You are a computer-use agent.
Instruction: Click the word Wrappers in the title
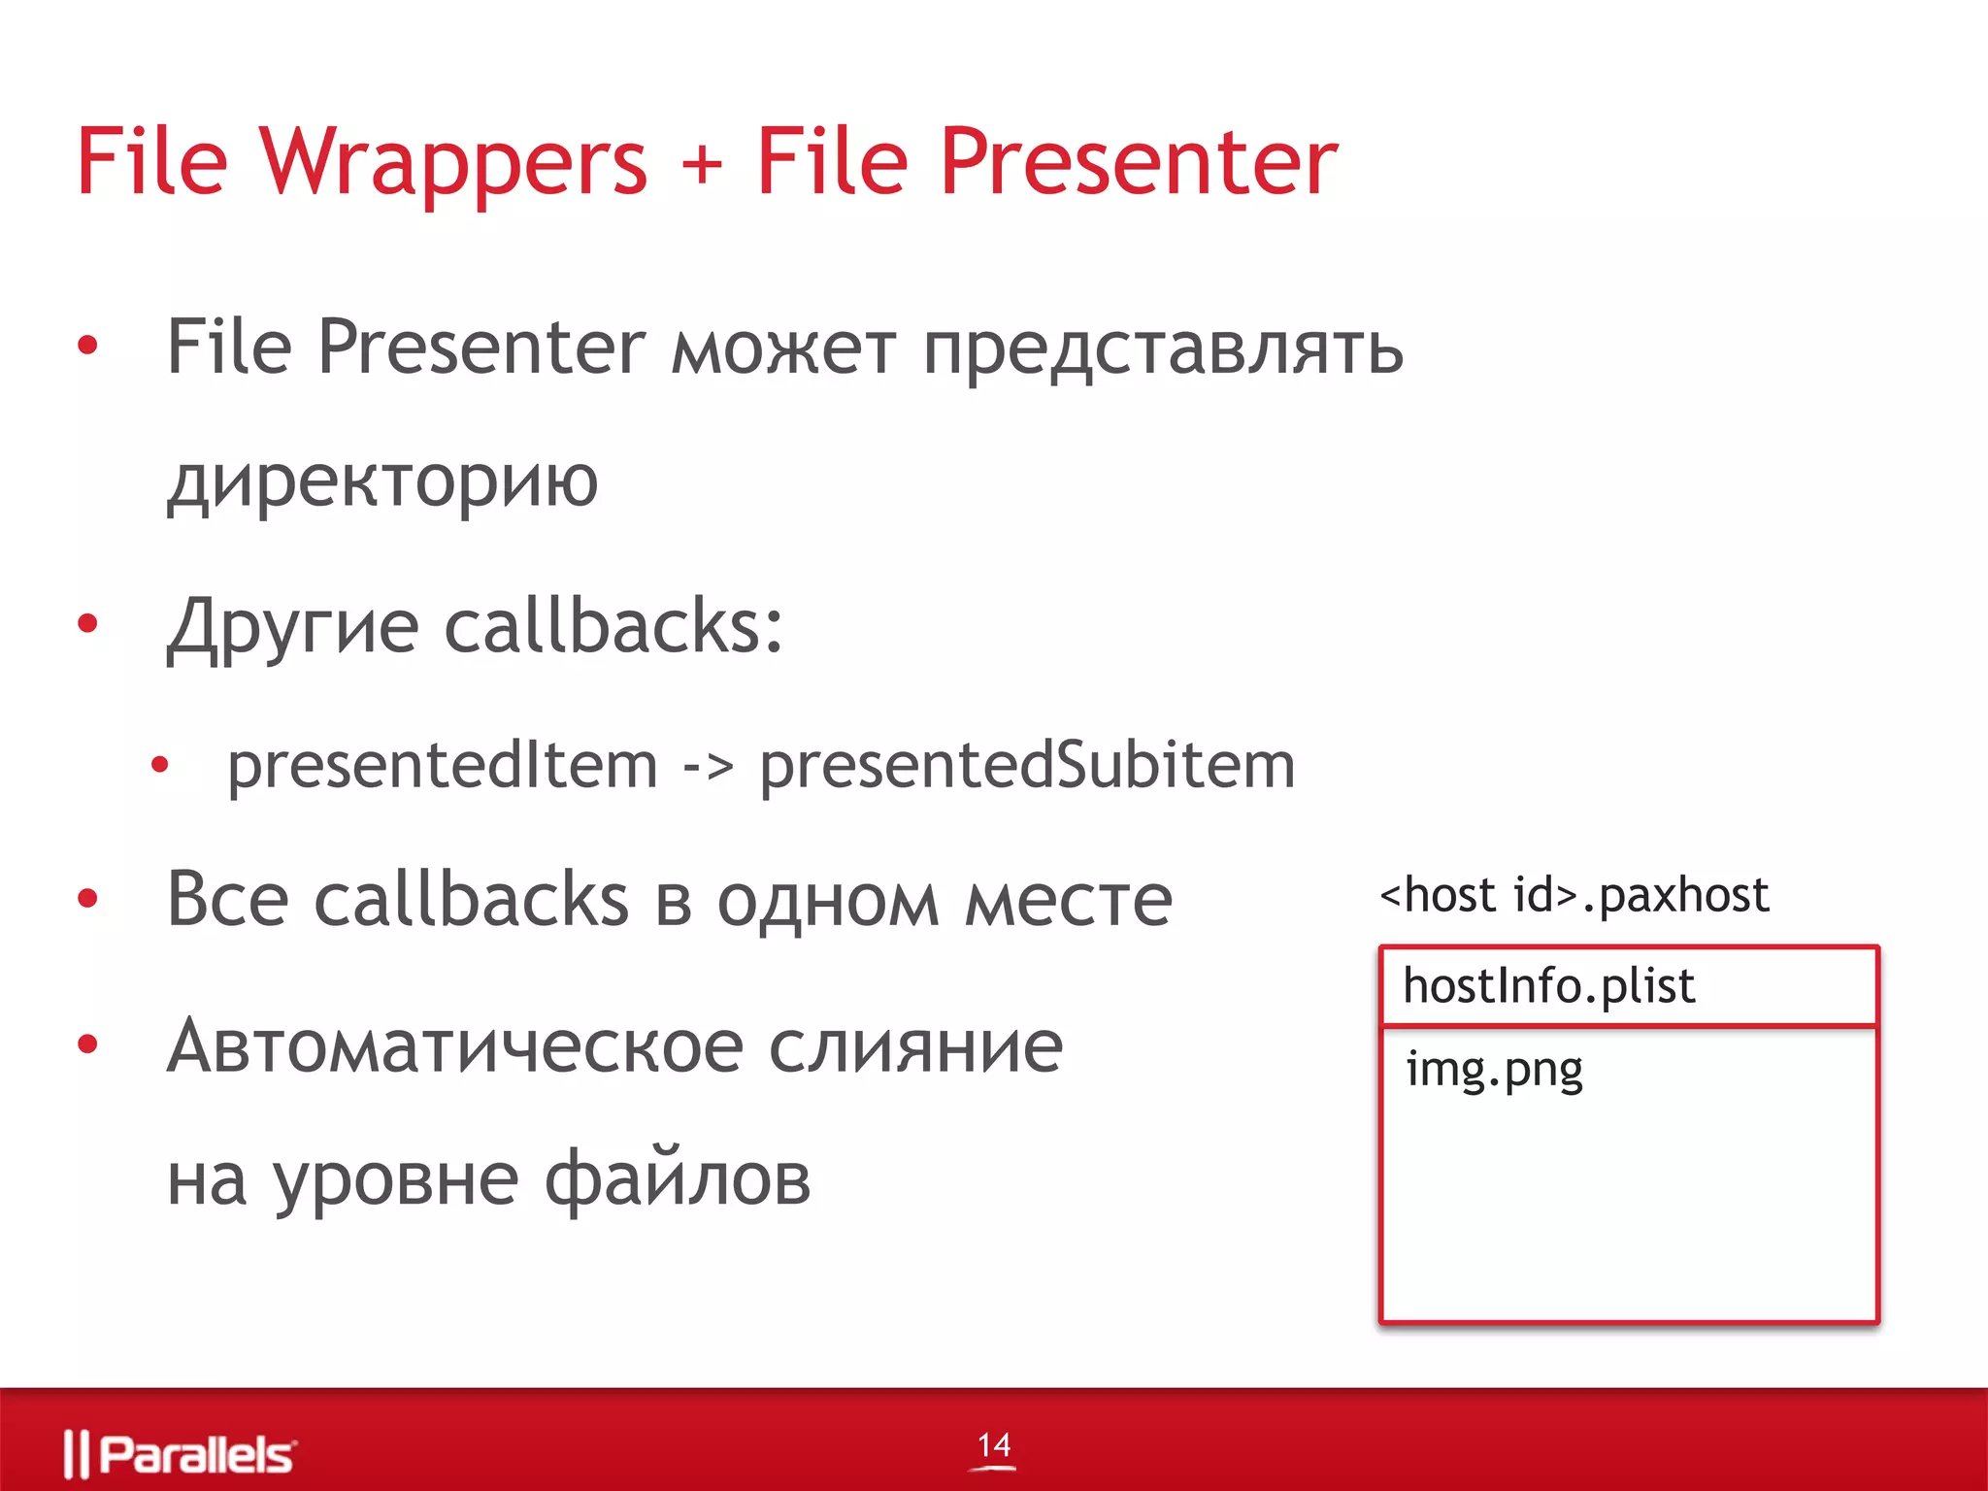(x=452, y=163)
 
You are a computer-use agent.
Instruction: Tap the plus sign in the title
(x=701, y=163)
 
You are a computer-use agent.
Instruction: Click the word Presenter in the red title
(x=1139, y=163)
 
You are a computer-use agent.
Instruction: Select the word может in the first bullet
(x=783, y=349)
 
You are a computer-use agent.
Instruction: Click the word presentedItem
(x=443, y=766)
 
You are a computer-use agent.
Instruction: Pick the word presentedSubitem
(x=1027, y=766)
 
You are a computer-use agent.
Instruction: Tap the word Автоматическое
(x=454, y=1047)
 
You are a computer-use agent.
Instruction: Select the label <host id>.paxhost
(x=1574, y=895)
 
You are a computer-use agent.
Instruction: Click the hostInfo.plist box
(x=1628, y=986)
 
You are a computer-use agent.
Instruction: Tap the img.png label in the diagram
(x=1494, y=1071)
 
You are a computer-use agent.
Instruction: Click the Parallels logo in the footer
(x=181, y=1454)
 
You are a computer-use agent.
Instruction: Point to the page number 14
(x=994, y=1445)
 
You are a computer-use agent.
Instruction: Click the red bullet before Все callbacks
(x=88, y=899)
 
